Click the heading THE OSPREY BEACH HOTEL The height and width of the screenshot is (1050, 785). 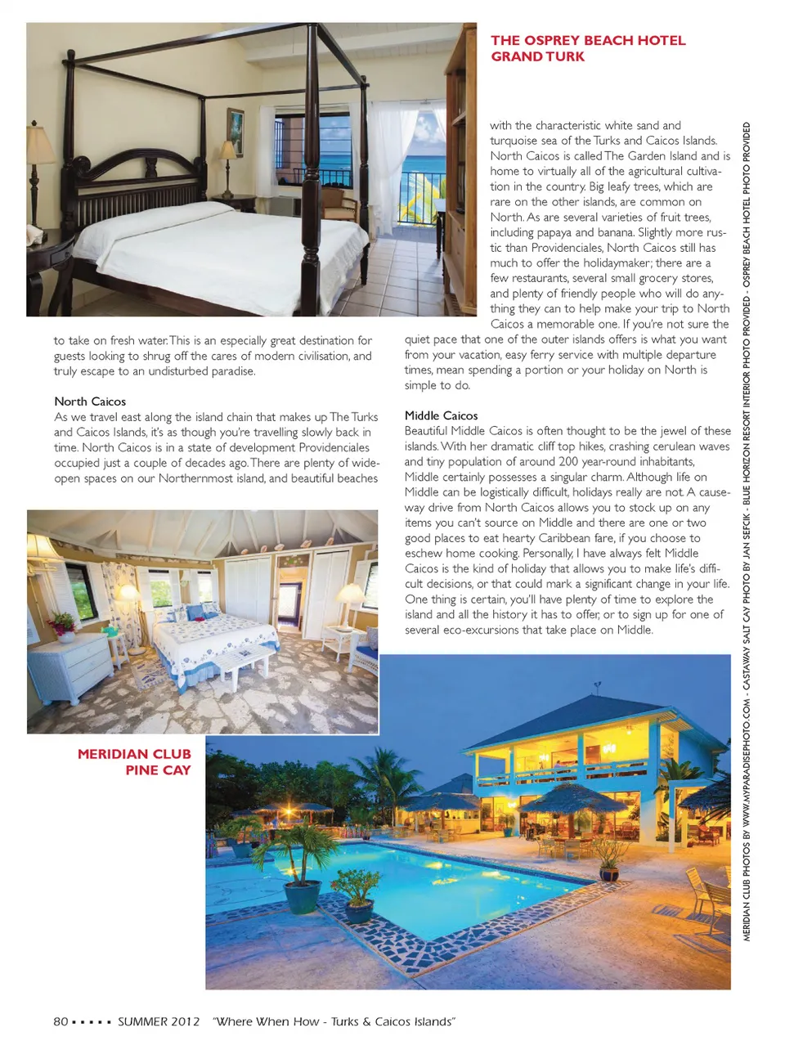coord(588,40)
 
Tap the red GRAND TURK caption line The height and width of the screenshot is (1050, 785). coord(537,56)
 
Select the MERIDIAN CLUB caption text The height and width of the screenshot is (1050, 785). coord(134,754)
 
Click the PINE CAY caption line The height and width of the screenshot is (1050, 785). coord(158,770)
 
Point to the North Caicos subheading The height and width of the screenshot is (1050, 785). coord(90,402)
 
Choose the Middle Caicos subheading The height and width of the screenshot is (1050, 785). coord(441,415)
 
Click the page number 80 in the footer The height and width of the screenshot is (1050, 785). coord(61,1021)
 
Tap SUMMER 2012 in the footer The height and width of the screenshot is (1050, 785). coord(159,1021)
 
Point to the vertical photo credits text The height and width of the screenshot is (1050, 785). coord(747,532)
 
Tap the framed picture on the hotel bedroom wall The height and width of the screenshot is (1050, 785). coord(235,132)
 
